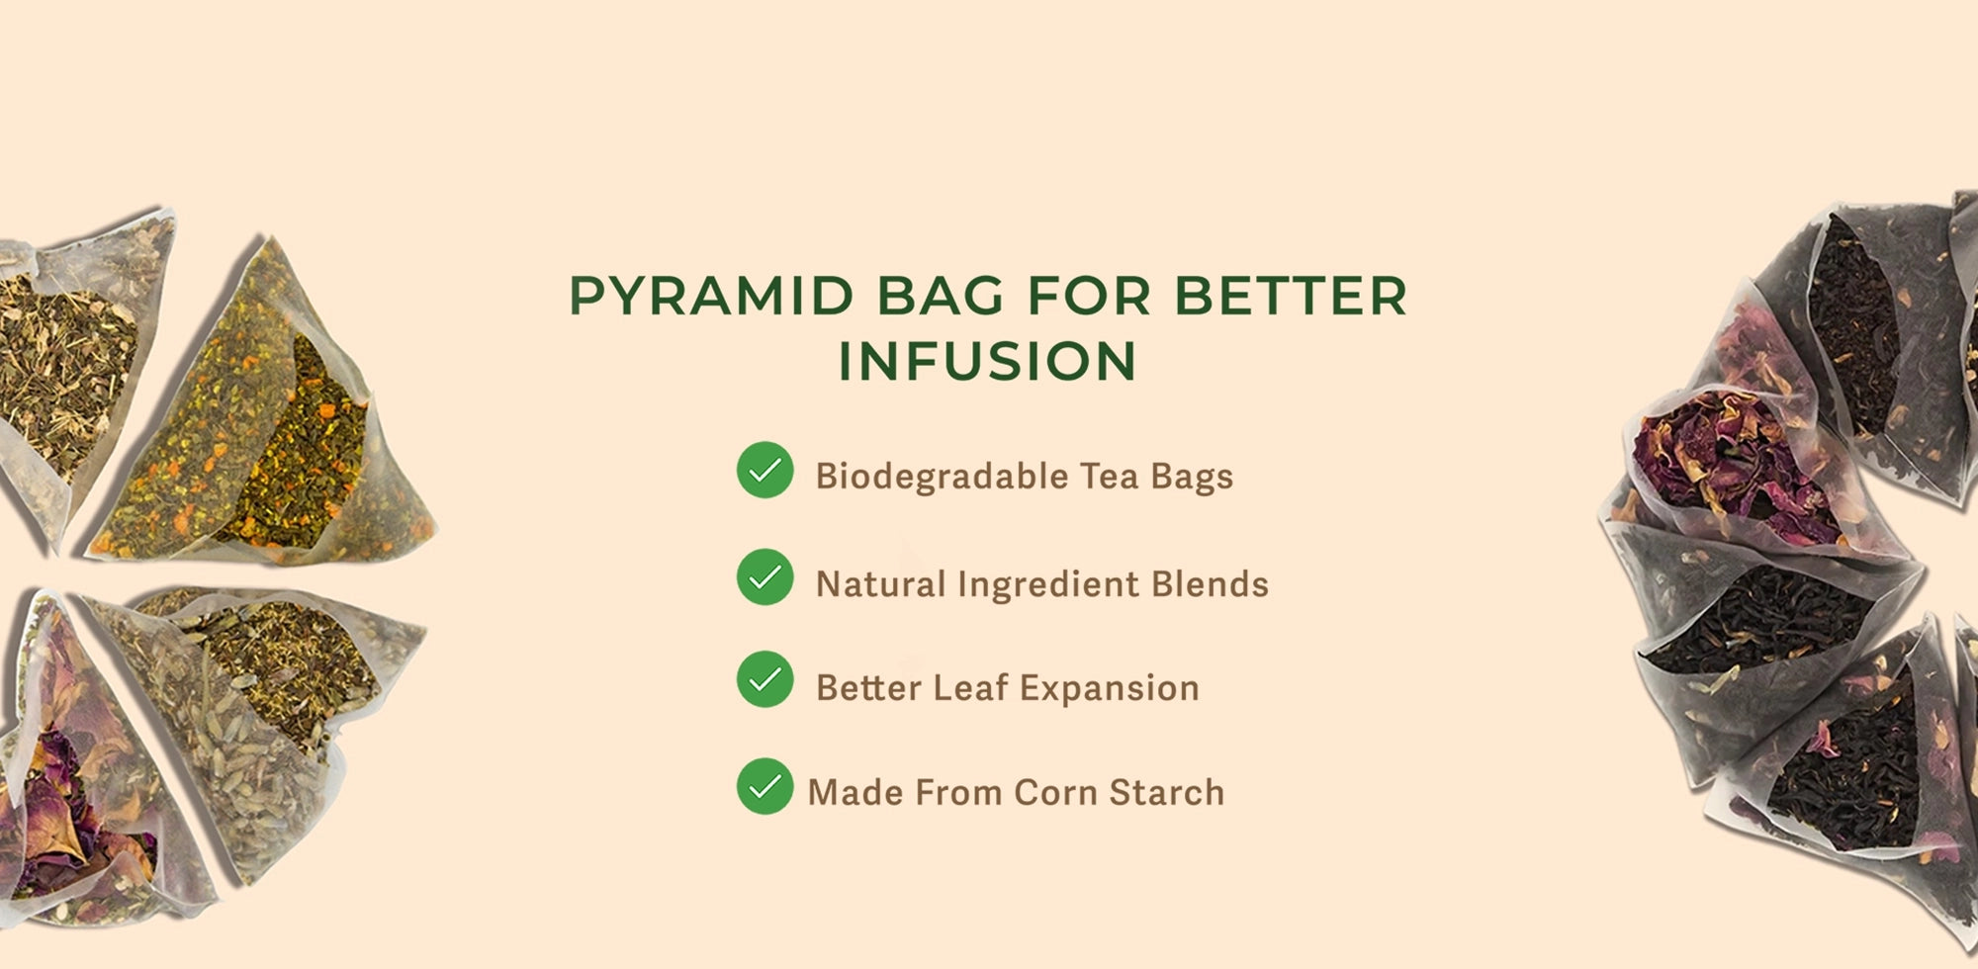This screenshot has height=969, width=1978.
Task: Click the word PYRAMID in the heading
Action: tap(711, 296)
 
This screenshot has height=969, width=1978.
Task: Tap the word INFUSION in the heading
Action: tap(987, 360)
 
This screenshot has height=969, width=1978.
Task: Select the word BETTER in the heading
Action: tap(1290, 296)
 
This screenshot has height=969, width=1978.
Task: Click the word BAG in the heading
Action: tap(940, 296)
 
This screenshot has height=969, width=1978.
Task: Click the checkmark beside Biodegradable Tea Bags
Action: tap(764, 470)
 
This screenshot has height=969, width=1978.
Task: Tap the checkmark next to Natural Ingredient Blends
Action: tap(764, 576)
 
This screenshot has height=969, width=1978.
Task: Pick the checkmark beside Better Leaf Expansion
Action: tap(764, 679)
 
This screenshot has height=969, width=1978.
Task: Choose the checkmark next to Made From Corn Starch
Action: tap(764, 786)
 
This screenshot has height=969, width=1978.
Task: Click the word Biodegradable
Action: tap(942, 477)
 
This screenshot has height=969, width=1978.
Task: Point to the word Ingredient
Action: tap(1048, 584)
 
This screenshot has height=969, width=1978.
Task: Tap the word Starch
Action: tap(1166, 792)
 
